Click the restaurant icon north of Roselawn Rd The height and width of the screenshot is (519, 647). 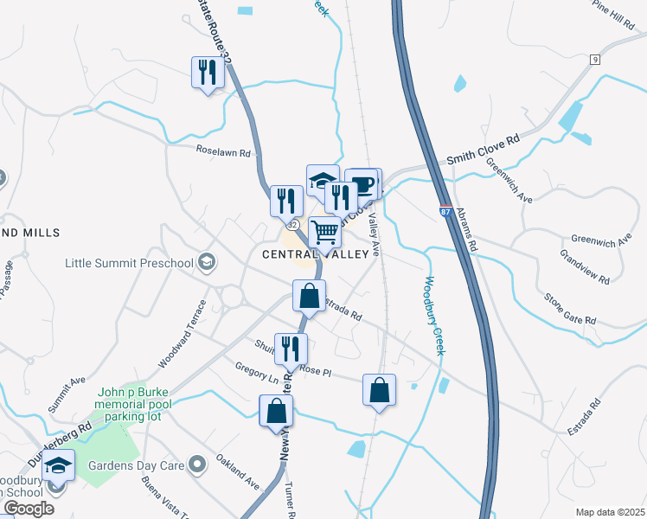(208, 72)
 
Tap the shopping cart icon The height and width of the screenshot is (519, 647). (324, 232)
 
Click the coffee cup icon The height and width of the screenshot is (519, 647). (364, 183)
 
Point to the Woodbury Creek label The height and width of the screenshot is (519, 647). (433, 316)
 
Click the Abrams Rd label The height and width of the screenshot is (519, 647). (468, 229)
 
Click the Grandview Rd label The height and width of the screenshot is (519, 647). (585, 268)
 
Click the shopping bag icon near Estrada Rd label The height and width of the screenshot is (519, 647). (309, 296)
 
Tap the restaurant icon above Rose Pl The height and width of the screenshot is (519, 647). (291, 349)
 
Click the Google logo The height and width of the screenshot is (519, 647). (29, 509)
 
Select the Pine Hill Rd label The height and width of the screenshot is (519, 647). (614, 15)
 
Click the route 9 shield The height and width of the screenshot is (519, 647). (596, 59)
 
